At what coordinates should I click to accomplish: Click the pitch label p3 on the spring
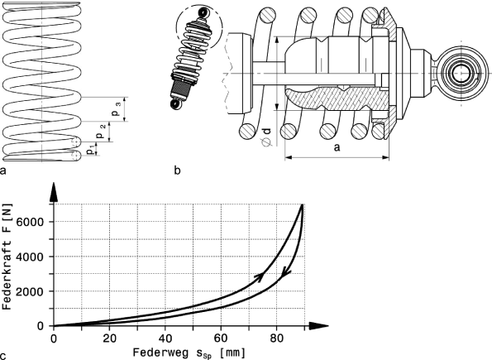click(118, 107)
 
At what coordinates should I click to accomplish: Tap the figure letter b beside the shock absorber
click(178, 172)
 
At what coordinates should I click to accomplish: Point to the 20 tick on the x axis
click(109, 336)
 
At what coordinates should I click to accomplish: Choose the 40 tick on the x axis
click(165, 336)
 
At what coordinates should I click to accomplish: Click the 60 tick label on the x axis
click(221, 336)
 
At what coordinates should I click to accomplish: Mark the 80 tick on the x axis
click(277, 336)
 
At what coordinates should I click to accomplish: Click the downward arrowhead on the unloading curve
click(285, 274)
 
